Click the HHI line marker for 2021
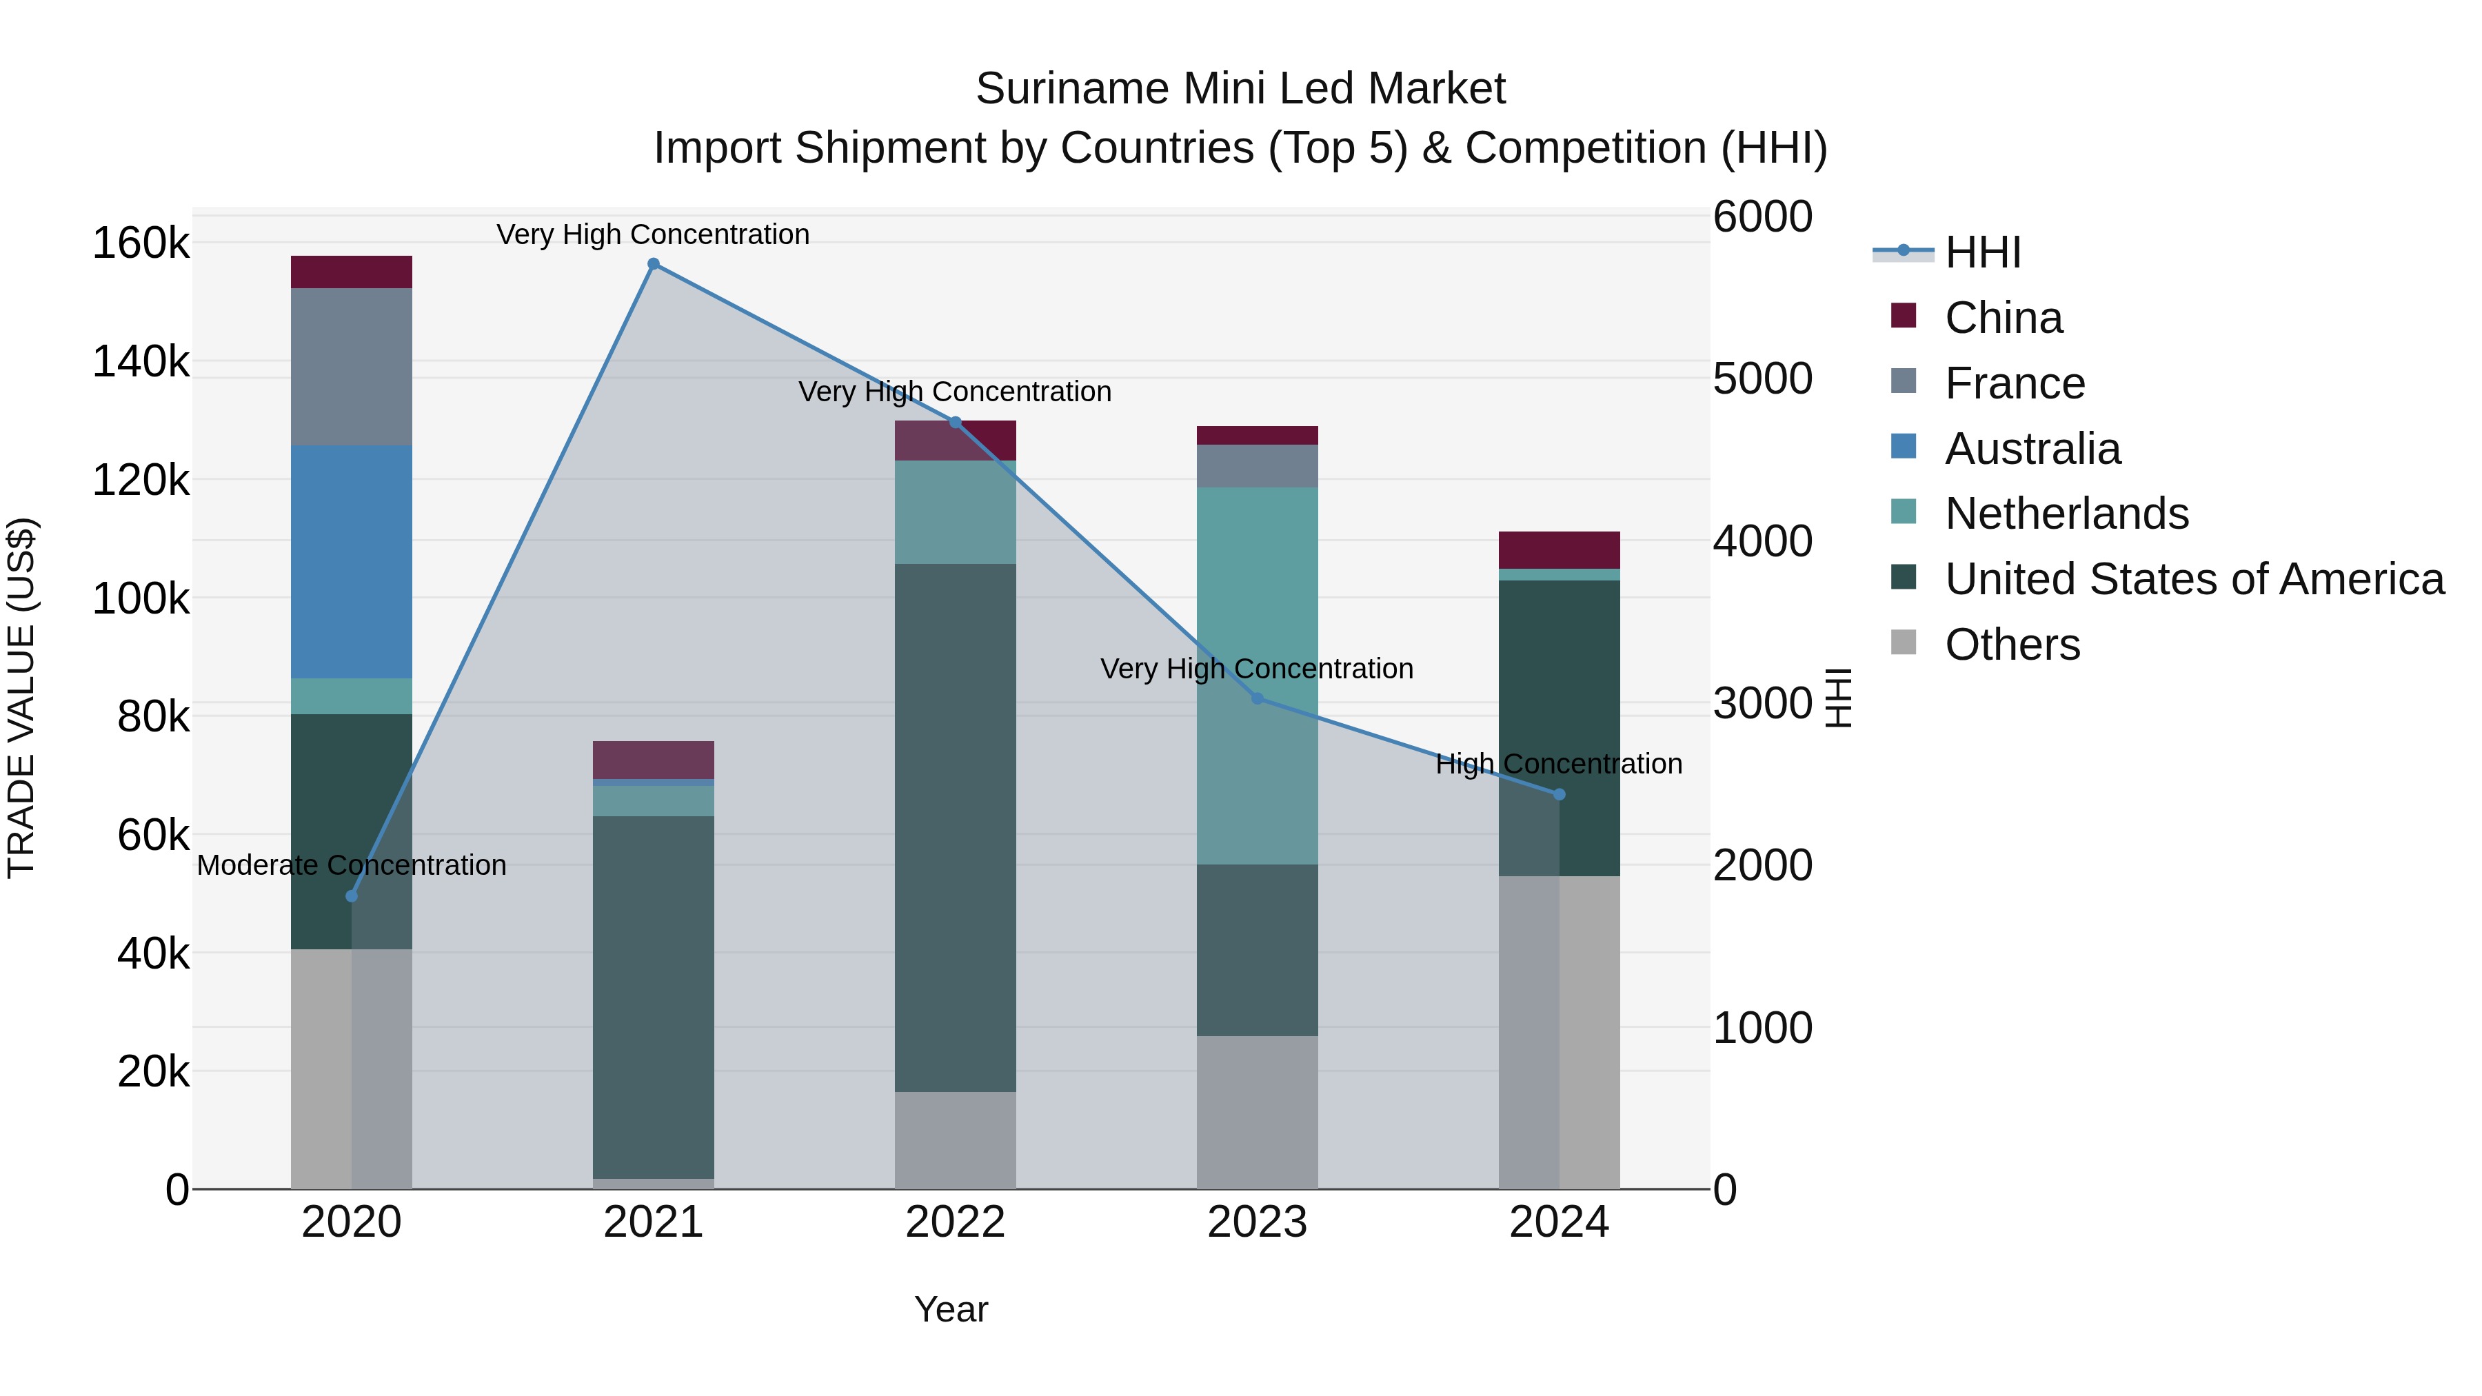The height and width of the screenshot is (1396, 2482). coord(654,264)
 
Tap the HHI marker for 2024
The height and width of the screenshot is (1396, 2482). coord(1559,794)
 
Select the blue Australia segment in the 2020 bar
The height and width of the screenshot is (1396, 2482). coord(351,562)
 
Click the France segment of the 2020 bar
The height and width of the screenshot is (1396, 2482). coord(351,366)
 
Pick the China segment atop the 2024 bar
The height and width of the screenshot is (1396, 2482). coord(1559,550)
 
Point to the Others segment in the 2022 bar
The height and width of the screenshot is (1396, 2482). coord(955,1140)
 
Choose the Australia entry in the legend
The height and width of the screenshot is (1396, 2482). coord(2032,449)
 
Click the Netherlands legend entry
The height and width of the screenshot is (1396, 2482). coord(2066,514)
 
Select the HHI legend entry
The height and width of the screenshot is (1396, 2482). coord(1982,252)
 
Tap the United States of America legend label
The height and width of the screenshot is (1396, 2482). coord(2194,579)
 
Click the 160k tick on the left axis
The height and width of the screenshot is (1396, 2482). coord(141,243)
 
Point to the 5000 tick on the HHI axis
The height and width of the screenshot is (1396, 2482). coord(1762,378)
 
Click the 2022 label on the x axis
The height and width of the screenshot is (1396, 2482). coord(955,1222)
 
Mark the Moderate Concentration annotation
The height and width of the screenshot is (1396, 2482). coord(351,865)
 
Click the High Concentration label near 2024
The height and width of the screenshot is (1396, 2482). coord(1558,764)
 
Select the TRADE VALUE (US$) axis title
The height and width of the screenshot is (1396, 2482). coord(21,698)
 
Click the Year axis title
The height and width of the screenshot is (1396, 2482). coord(951,1309)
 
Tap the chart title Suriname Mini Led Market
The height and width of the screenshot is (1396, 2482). coord(1240,89)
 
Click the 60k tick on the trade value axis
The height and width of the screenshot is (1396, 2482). coord(153,836)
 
